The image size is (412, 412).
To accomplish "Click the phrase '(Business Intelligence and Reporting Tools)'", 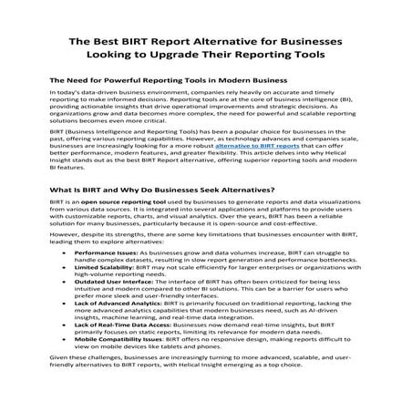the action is [122, 132].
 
